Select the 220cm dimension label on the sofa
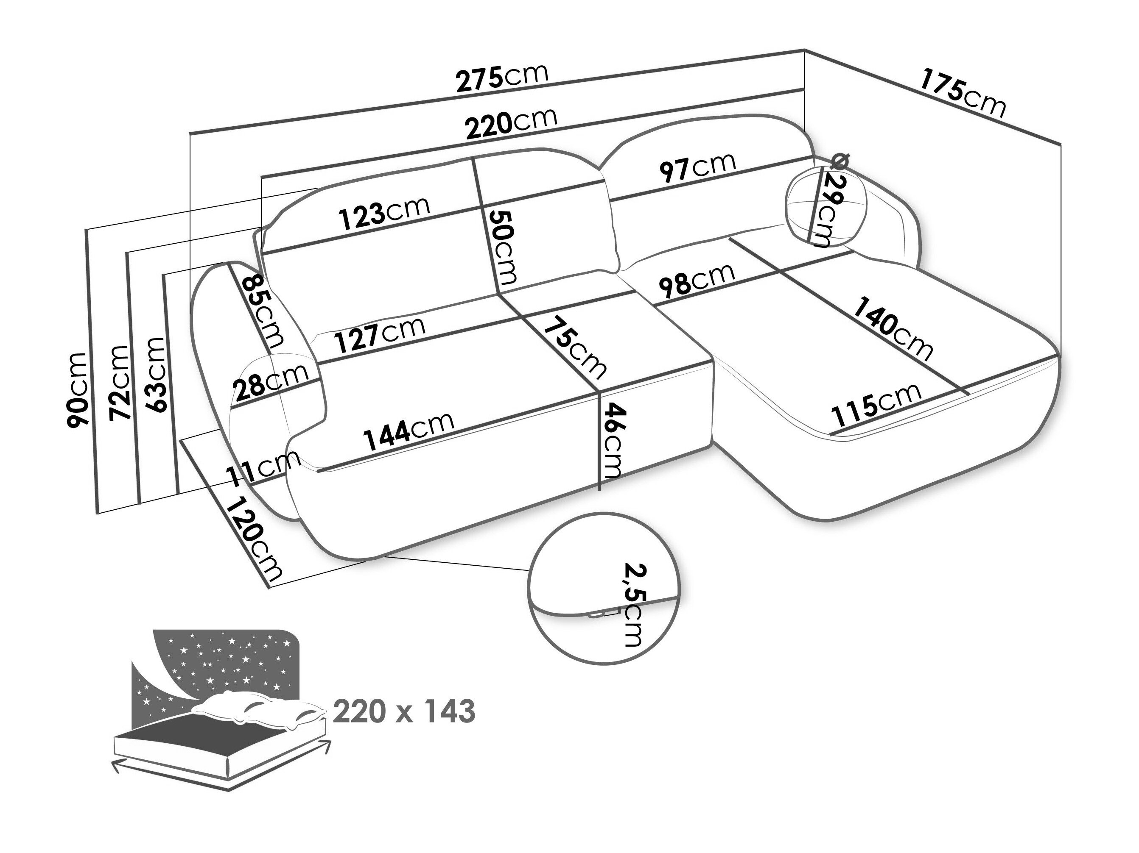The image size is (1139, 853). tap(511, 123)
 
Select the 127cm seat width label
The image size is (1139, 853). tap(380, 334)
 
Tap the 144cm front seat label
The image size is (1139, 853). tap(409, 431)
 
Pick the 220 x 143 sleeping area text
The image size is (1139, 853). tap(404, 712)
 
